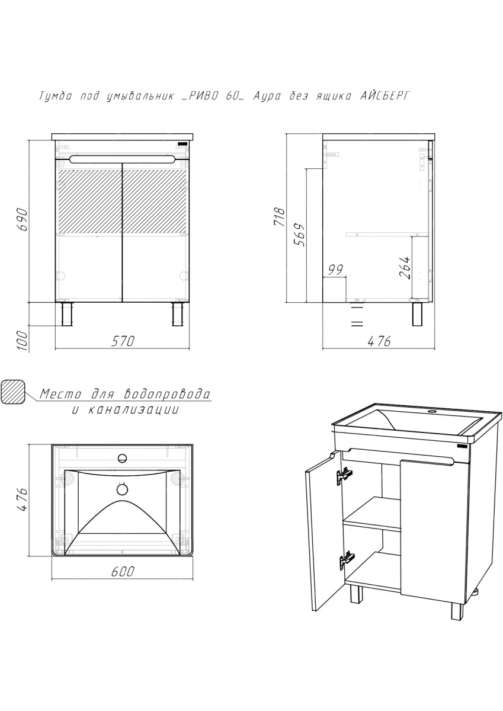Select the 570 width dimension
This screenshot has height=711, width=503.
click(123, 341)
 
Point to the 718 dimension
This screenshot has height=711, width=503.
click(280, 217)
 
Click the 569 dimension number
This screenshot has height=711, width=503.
click(299, 235)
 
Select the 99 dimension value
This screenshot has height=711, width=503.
click(336, 270)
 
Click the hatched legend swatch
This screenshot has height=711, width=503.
click(12, 392)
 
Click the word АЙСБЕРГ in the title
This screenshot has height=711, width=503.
click(385, 96)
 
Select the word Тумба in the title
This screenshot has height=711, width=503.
click(55, 96)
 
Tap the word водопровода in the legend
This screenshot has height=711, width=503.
click(166, 394)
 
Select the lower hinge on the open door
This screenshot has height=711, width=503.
click(347, 561)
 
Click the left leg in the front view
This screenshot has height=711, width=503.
click(67, 314)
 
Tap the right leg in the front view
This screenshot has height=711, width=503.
click(178, 314)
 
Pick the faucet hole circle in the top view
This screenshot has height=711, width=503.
click(122, 459)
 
